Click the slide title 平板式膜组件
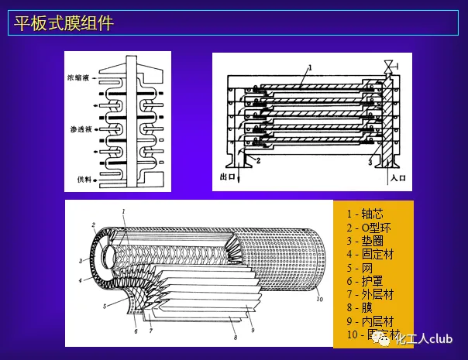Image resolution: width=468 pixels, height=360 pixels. click(64, 23)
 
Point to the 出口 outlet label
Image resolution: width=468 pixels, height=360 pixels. click(226, 177)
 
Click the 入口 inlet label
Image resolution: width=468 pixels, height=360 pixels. click(399, 177)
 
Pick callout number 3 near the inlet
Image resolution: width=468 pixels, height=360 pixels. click(370, 160)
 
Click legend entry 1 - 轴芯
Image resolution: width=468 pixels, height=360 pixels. click(366, 214)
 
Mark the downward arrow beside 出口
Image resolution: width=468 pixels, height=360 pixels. click(239, 177)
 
